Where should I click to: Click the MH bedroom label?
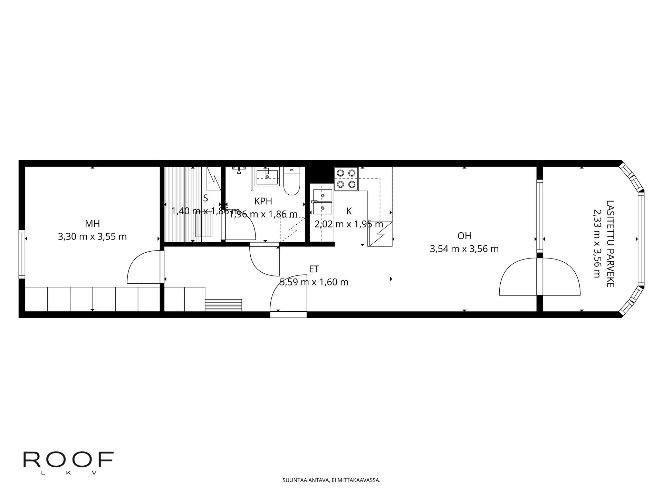93,224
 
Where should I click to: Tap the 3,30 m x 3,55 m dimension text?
92,237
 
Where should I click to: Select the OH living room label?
464,236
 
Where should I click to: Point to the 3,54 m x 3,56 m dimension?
464,249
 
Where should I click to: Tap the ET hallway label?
314,269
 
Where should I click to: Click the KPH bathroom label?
263,201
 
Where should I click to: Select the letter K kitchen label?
349,211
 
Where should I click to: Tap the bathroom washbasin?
267,177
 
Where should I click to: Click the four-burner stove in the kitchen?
346,178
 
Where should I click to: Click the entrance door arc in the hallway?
287,297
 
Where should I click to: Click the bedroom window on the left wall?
22,254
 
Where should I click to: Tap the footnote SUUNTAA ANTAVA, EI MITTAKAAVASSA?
331,480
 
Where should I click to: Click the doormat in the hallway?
224,305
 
